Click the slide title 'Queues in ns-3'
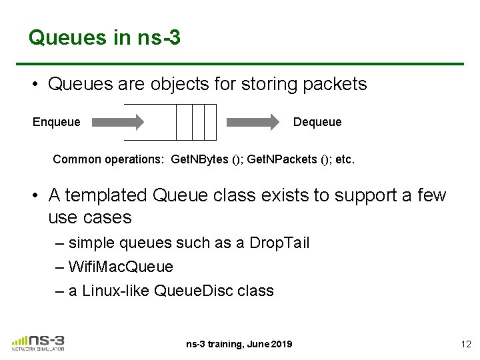coord(104,37)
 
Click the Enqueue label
coord(57,122)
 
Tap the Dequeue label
coord(317,122)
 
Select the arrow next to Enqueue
coord(118,122)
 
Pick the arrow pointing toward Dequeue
coord(253,122)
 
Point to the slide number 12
coord(465,344)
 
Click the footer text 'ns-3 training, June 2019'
coord(239,344)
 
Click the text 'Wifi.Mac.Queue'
coord(121,267)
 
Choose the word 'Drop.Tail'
coord(279,243)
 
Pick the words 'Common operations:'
coord(109,160)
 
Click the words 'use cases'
coord(90,217)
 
